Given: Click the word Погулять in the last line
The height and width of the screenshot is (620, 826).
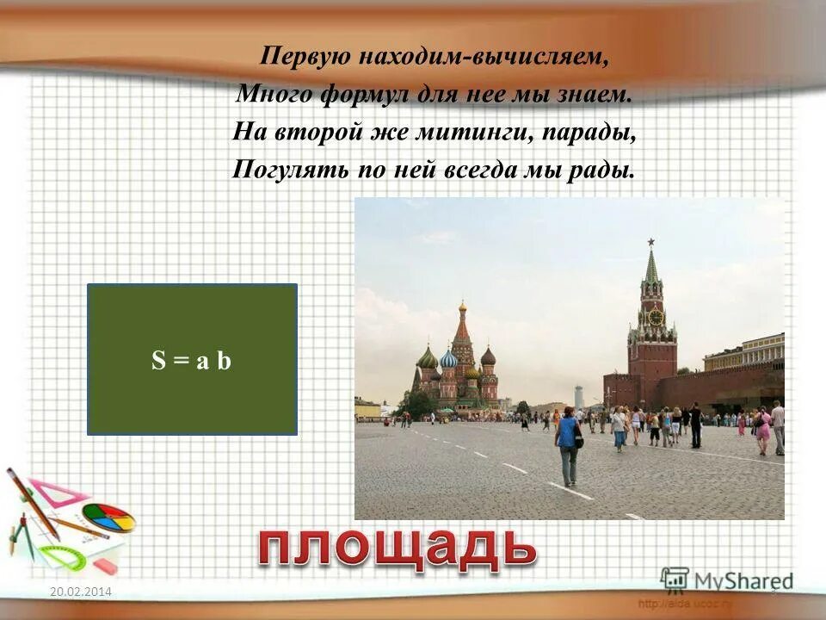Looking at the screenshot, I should tap(288, 170).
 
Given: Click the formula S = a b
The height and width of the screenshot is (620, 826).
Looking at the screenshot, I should tap(192, 360).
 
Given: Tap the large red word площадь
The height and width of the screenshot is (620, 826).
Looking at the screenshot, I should tap(398, 548).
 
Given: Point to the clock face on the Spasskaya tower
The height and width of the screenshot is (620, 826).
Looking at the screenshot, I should tap(656, 317).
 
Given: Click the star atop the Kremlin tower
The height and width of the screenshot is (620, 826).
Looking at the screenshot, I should tap(650, 243).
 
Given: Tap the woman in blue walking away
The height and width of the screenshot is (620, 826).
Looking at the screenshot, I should tap(568, 446).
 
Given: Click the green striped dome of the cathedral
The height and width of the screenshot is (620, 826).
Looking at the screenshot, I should tap(427, 358).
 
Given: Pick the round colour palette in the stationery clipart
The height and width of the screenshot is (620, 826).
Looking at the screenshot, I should tap(109, 517).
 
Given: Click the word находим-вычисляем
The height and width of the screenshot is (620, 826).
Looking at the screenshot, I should tap(483, 57).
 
